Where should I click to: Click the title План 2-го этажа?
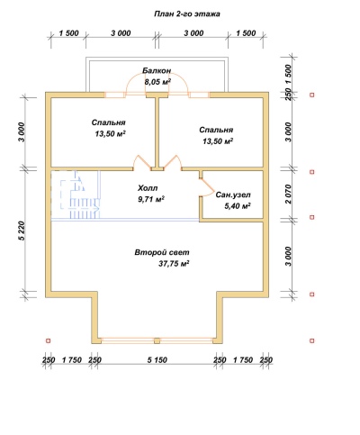(x=187, y=14)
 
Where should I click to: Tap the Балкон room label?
(x=157, y=71)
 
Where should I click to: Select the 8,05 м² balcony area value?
(x=157, y=82)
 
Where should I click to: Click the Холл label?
(x=148, y=188)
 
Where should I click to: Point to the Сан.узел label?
(x=233, y=195)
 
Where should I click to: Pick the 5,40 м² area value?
(x=238, y=206)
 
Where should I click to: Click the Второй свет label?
(x=162, y=252)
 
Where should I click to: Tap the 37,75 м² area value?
(x=174, y=264)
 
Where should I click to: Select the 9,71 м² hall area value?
(x=151, y=199)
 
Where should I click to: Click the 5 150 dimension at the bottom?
(x=157, y=359)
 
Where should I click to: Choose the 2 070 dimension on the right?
(x=288, y=195)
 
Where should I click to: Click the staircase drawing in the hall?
(x=80, y=195)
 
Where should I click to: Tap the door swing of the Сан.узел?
(x=207, y=187)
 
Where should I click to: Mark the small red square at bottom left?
(x=48, y=340)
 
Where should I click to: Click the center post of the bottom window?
(x=157, y=340)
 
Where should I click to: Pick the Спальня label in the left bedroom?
(x=108, y=122)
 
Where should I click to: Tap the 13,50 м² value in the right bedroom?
(x=218, y=141)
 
